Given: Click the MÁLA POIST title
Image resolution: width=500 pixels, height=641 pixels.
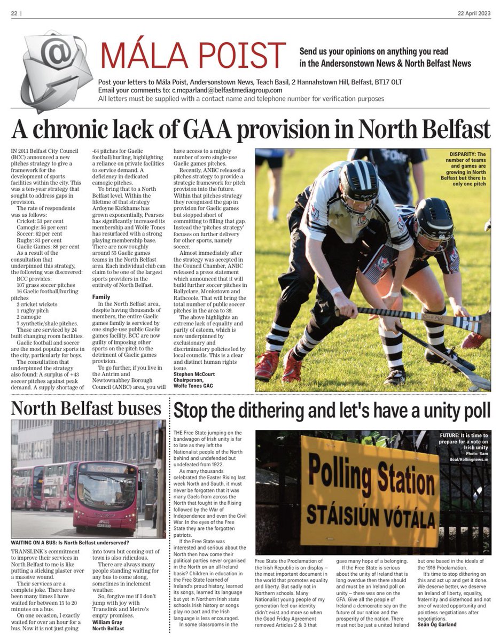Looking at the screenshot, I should (x=193, y=56).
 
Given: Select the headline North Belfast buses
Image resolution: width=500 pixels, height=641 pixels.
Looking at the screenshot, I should (x=86, y=409).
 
